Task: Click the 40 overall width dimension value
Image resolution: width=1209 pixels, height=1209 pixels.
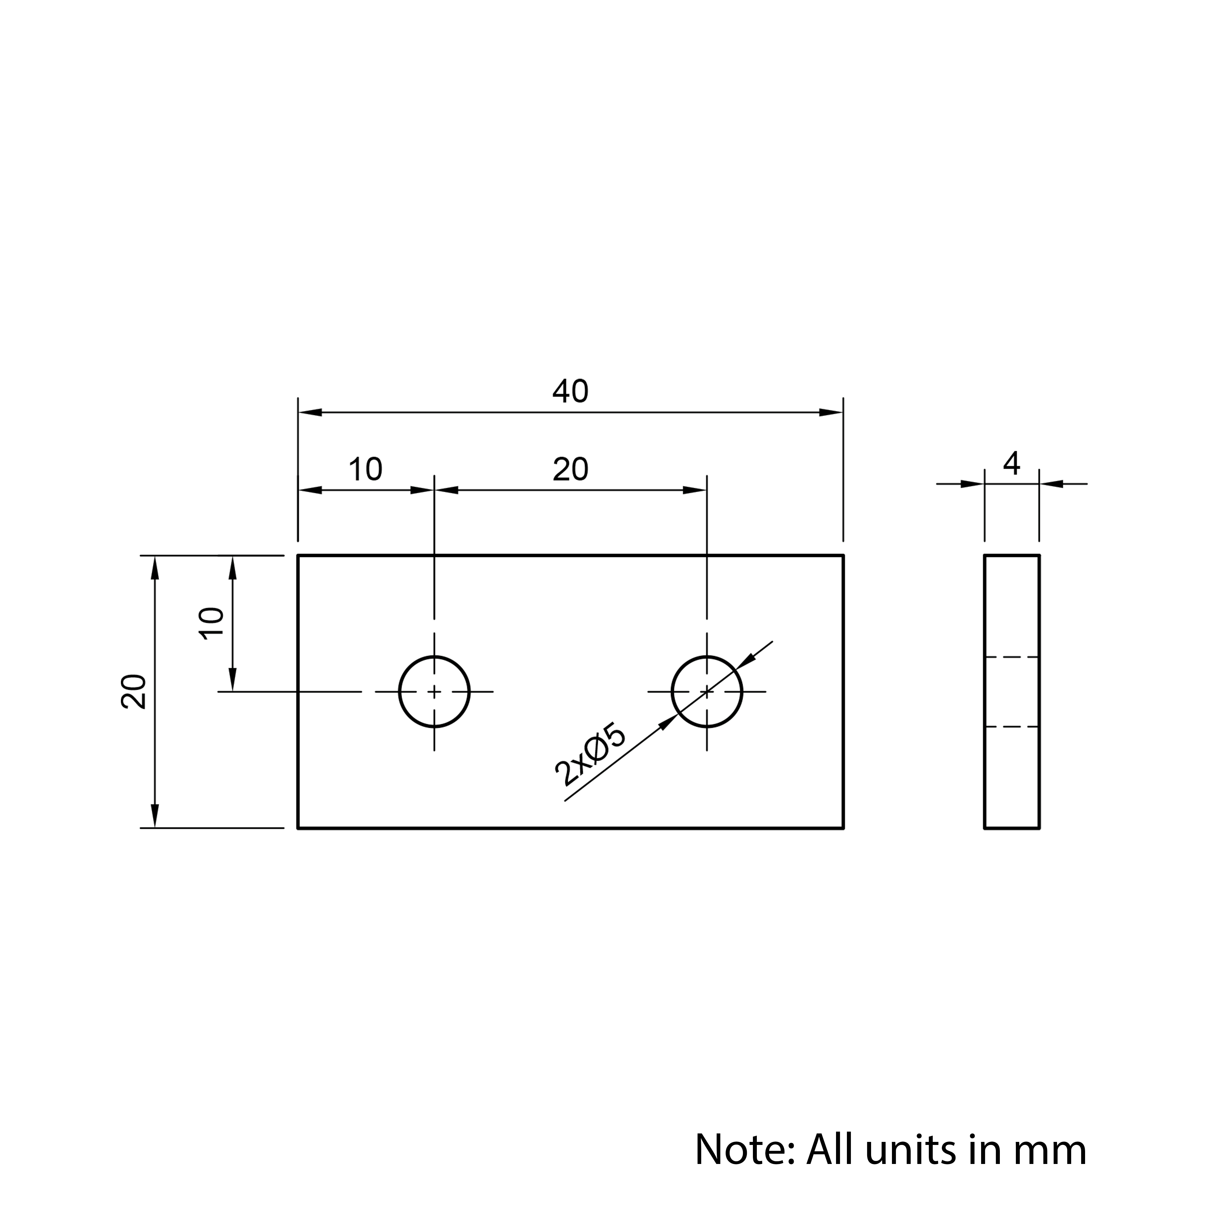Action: click(570, 392)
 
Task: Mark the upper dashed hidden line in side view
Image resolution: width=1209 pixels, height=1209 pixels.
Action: click(1012, 657)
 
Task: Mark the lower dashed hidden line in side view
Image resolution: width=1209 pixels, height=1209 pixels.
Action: click(1012, 727)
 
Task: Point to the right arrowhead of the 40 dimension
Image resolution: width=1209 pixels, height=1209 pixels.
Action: click(831, 412)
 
